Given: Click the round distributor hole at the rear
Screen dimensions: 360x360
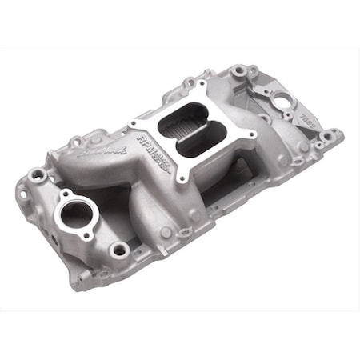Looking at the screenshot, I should (x=282, y=102).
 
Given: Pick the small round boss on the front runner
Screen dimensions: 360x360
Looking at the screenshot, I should (x=165, y=232).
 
